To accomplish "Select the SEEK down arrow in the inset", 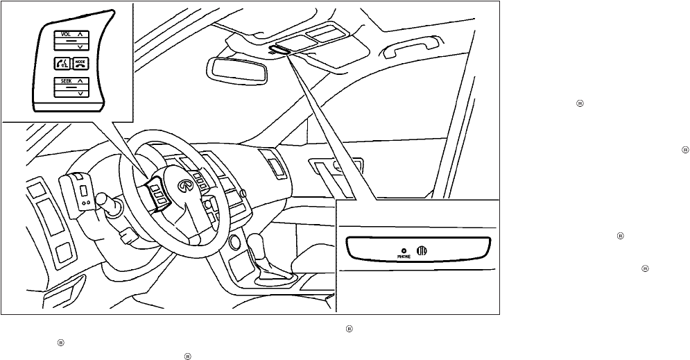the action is [x=80, y=92].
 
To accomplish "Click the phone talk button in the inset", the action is [x=60, y=65].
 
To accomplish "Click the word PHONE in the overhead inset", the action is [x=404, y=256].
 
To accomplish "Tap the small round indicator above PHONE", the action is [x=404, y=249].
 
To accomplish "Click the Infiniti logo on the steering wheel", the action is [x=185, y=185].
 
